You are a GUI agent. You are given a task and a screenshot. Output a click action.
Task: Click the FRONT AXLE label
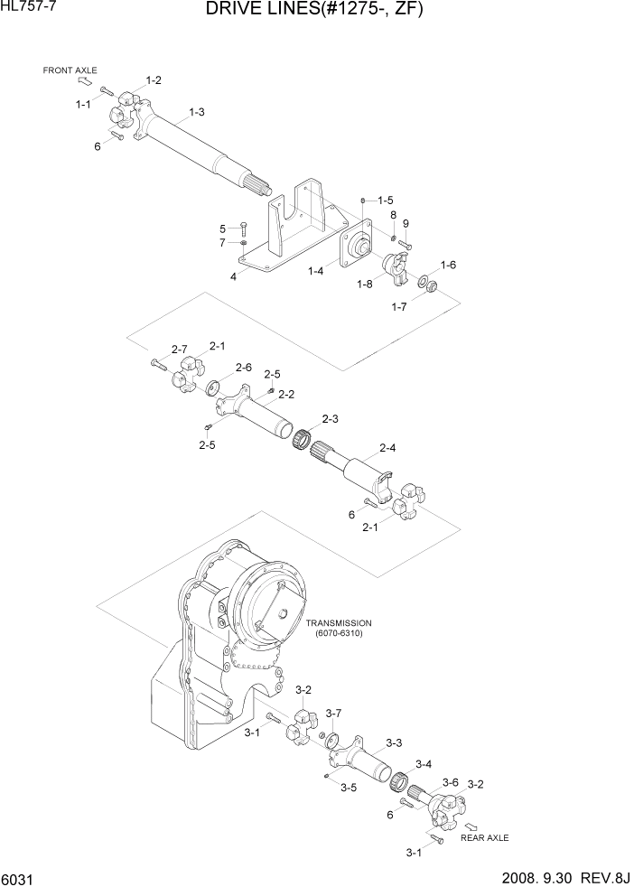click(70, 70)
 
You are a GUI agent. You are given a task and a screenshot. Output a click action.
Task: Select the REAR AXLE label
click(484, 837)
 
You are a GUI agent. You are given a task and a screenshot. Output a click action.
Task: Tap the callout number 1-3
click(196, 112)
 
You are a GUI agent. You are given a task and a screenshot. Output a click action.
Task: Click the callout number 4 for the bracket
click(233, 277)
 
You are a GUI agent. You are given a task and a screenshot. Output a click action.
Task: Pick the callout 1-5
click(386, 200)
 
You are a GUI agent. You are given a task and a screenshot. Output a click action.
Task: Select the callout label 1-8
click(364, 285)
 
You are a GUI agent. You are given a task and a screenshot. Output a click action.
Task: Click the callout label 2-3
click(330, 418)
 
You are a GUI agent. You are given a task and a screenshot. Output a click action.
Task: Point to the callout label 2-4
click(388, 447)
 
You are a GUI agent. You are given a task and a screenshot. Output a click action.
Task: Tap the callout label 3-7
click(333, 713)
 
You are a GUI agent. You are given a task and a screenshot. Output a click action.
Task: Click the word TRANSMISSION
click(338, 623)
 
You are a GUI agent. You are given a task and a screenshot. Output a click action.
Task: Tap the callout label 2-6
click(243, 367)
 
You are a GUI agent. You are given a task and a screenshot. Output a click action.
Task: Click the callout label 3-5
click(349, 788)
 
